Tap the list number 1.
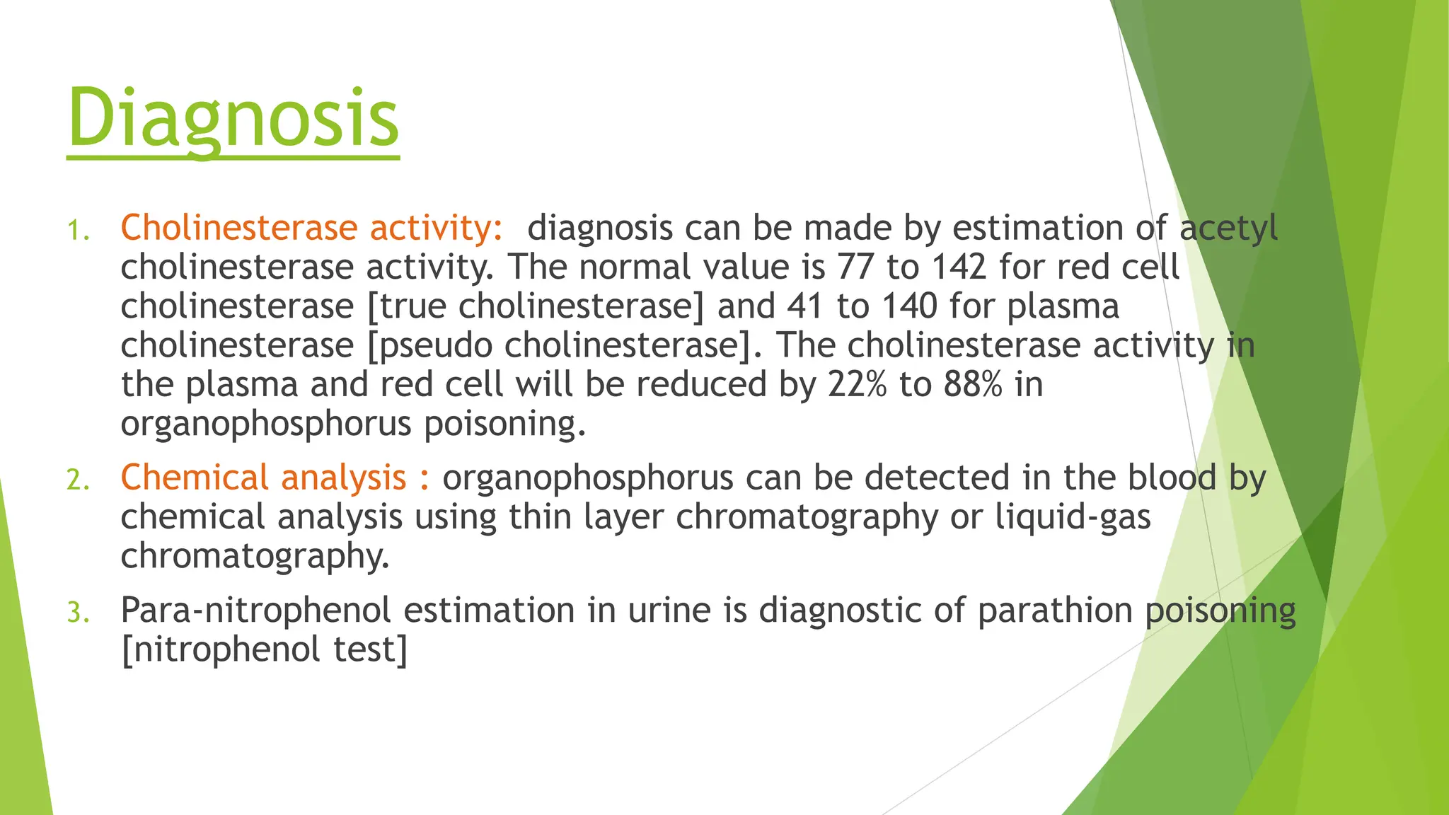(x=78, y=231)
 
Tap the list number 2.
(x=78, y=480)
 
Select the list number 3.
(x=78, y=613)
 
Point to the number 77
(x=855, y=267)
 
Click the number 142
(x=958, y=267)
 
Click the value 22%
(x=857, y=385)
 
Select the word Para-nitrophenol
(x=255, y=611)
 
